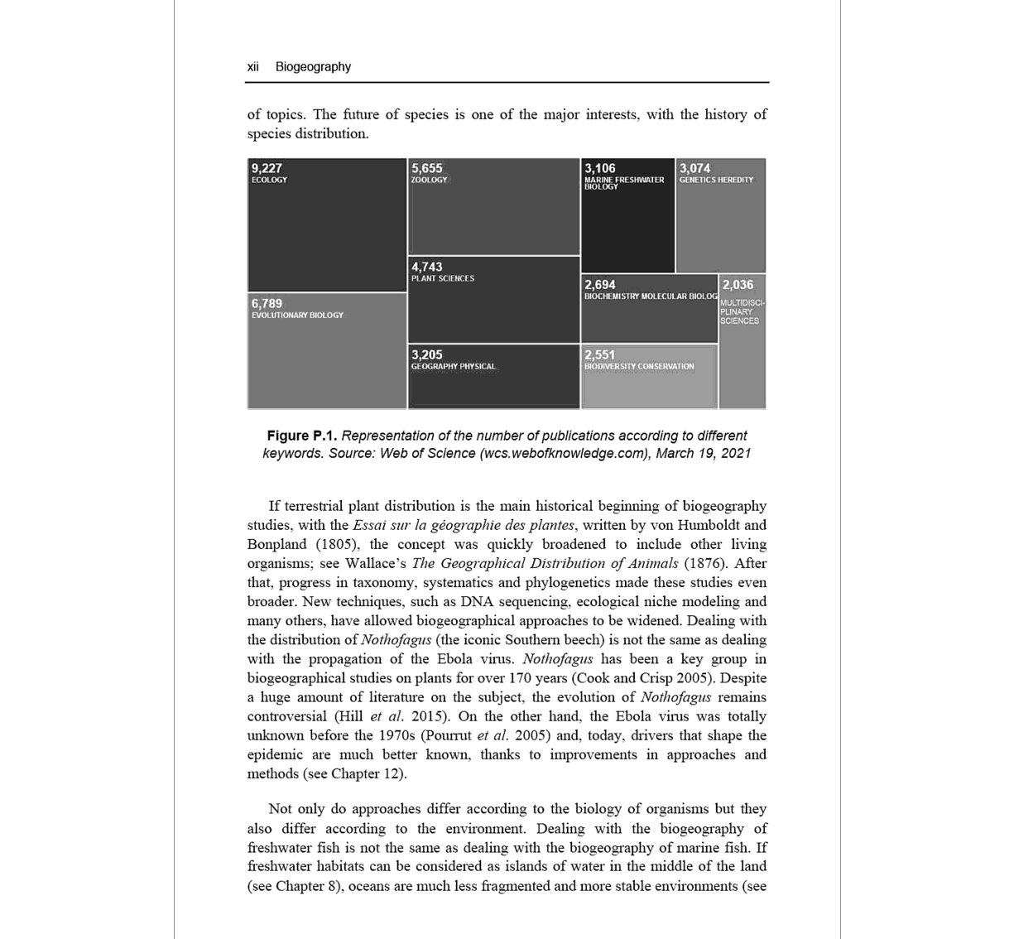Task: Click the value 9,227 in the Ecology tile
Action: [267, 168]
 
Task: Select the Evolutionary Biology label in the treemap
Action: [297, 315]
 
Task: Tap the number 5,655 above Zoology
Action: [427, 168]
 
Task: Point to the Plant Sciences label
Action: [443, 279]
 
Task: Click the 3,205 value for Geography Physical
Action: [427, 354]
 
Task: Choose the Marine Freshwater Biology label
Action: [623, 183]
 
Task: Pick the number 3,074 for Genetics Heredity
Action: [694, 168]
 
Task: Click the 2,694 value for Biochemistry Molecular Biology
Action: [600, 284]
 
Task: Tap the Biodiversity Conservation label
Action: [639, 367]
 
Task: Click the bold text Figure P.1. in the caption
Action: [301, 436]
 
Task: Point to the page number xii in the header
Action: [253, 67]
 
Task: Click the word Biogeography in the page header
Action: [313, 67]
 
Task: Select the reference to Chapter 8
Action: [307, 886]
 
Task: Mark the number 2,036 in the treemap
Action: [738, 284]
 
